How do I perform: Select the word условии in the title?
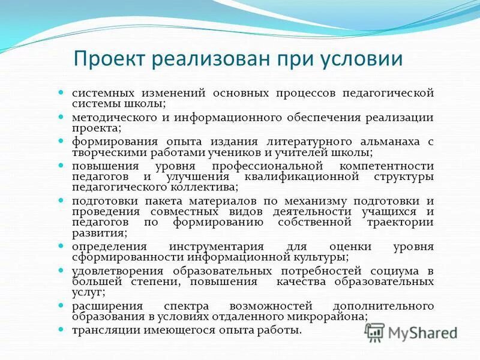click(x=362, y=59)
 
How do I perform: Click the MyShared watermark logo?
click(x=412, y=332)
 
